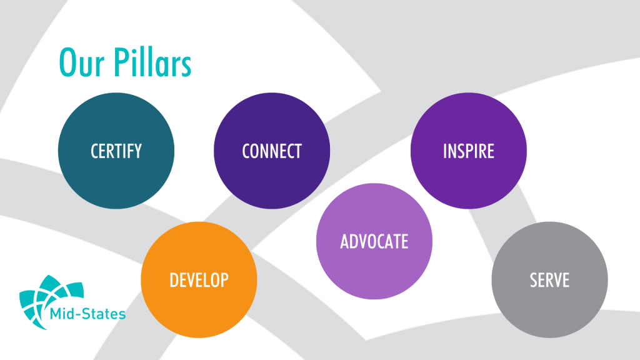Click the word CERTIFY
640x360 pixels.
(116, 151)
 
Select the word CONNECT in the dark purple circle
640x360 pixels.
(272, 151)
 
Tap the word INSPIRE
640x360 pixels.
(469, 151)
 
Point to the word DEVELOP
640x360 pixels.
(199, 280)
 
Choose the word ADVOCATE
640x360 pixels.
(374, 241)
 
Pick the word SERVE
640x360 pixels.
(549, 280)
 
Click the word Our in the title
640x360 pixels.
(82, 62)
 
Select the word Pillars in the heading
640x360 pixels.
(152, 62)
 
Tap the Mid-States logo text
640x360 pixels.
(87, 314)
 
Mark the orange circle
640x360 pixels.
(199, 279)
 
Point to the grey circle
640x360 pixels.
(549, 279)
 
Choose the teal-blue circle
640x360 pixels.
(116, 151)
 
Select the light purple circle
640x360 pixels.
(374, 241)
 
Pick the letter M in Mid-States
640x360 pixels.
(56, 314)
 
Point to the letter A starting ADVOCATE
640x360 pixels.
(345, 241)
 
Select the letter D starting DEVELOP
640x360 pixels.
(174, 280)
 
